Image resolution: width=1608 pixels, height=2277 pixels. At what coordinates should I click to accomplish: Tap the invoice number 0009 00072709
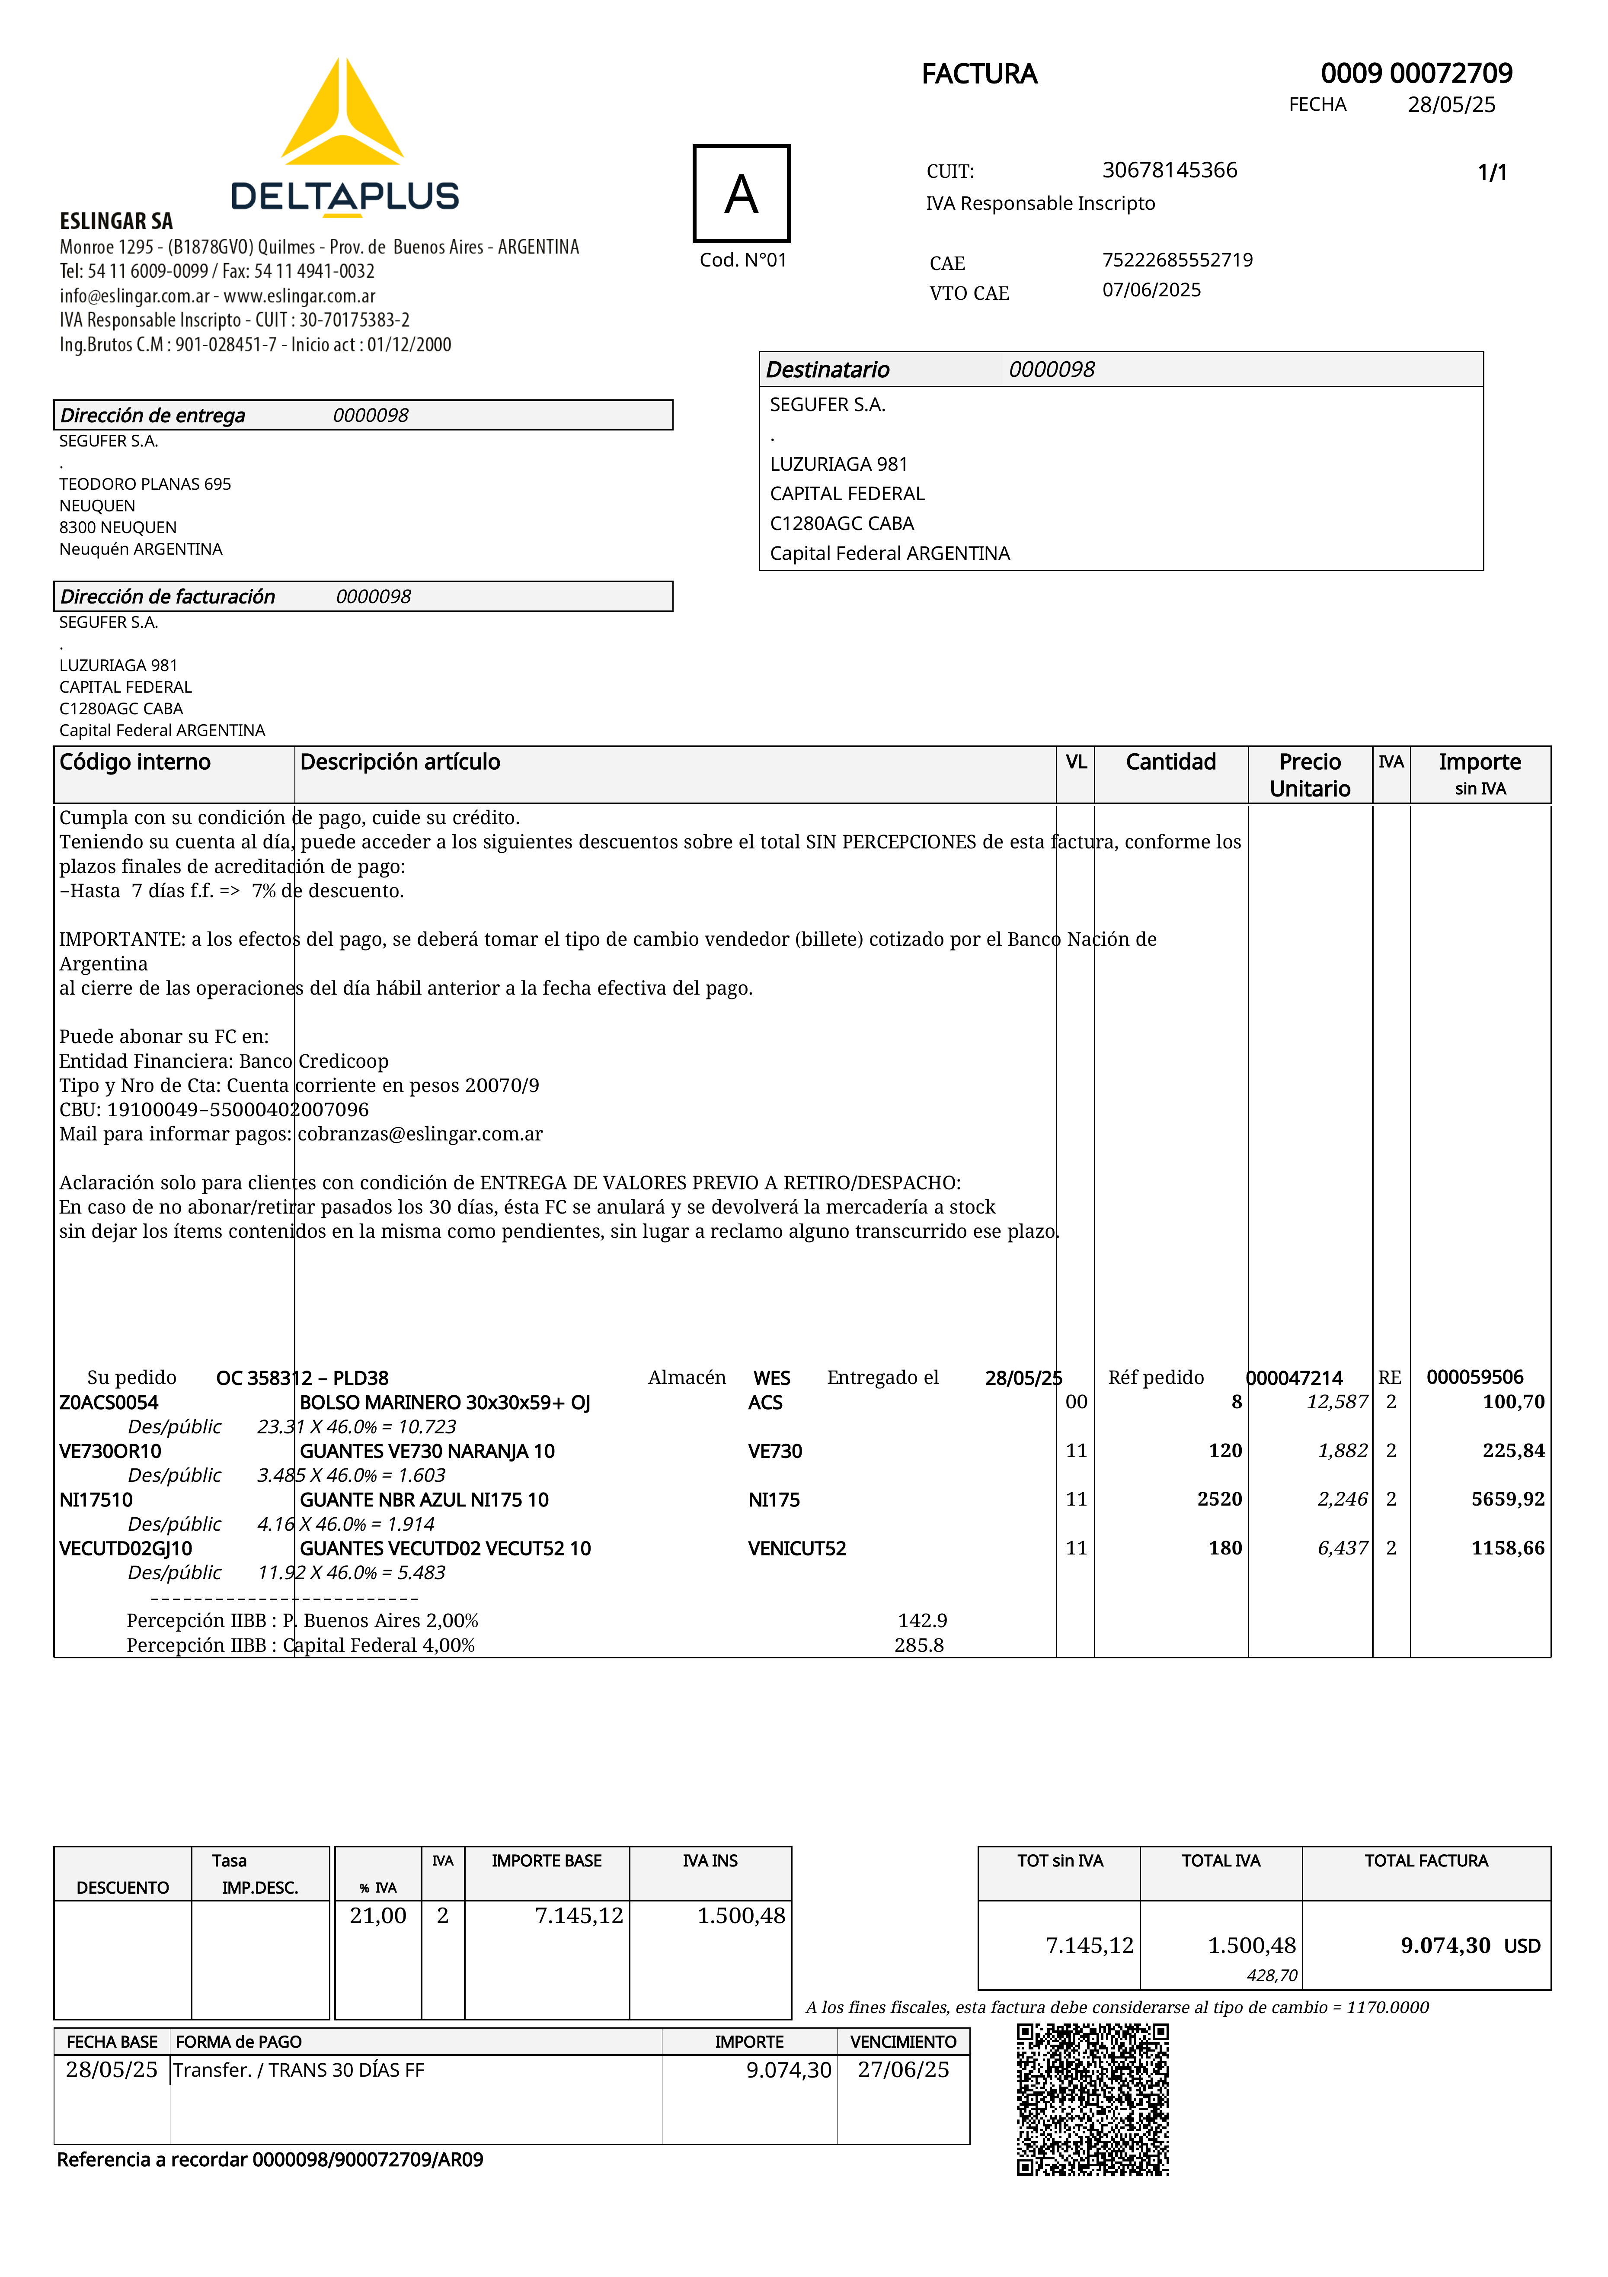[1416, 74]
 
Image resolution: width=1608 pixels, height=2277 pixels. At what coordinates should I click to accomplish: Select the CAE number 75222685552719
[1177, 260]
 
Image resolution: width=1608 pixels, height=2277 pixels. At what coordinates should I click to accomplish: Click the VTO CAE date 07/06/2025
[1151, 289]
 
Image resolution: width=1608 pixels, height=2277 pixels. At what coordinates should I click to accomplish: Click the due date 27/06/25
[903, 2070]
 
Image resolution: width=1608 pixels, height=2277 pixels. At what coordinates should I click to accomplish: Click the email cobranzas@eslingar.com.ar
[420, 1134]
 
